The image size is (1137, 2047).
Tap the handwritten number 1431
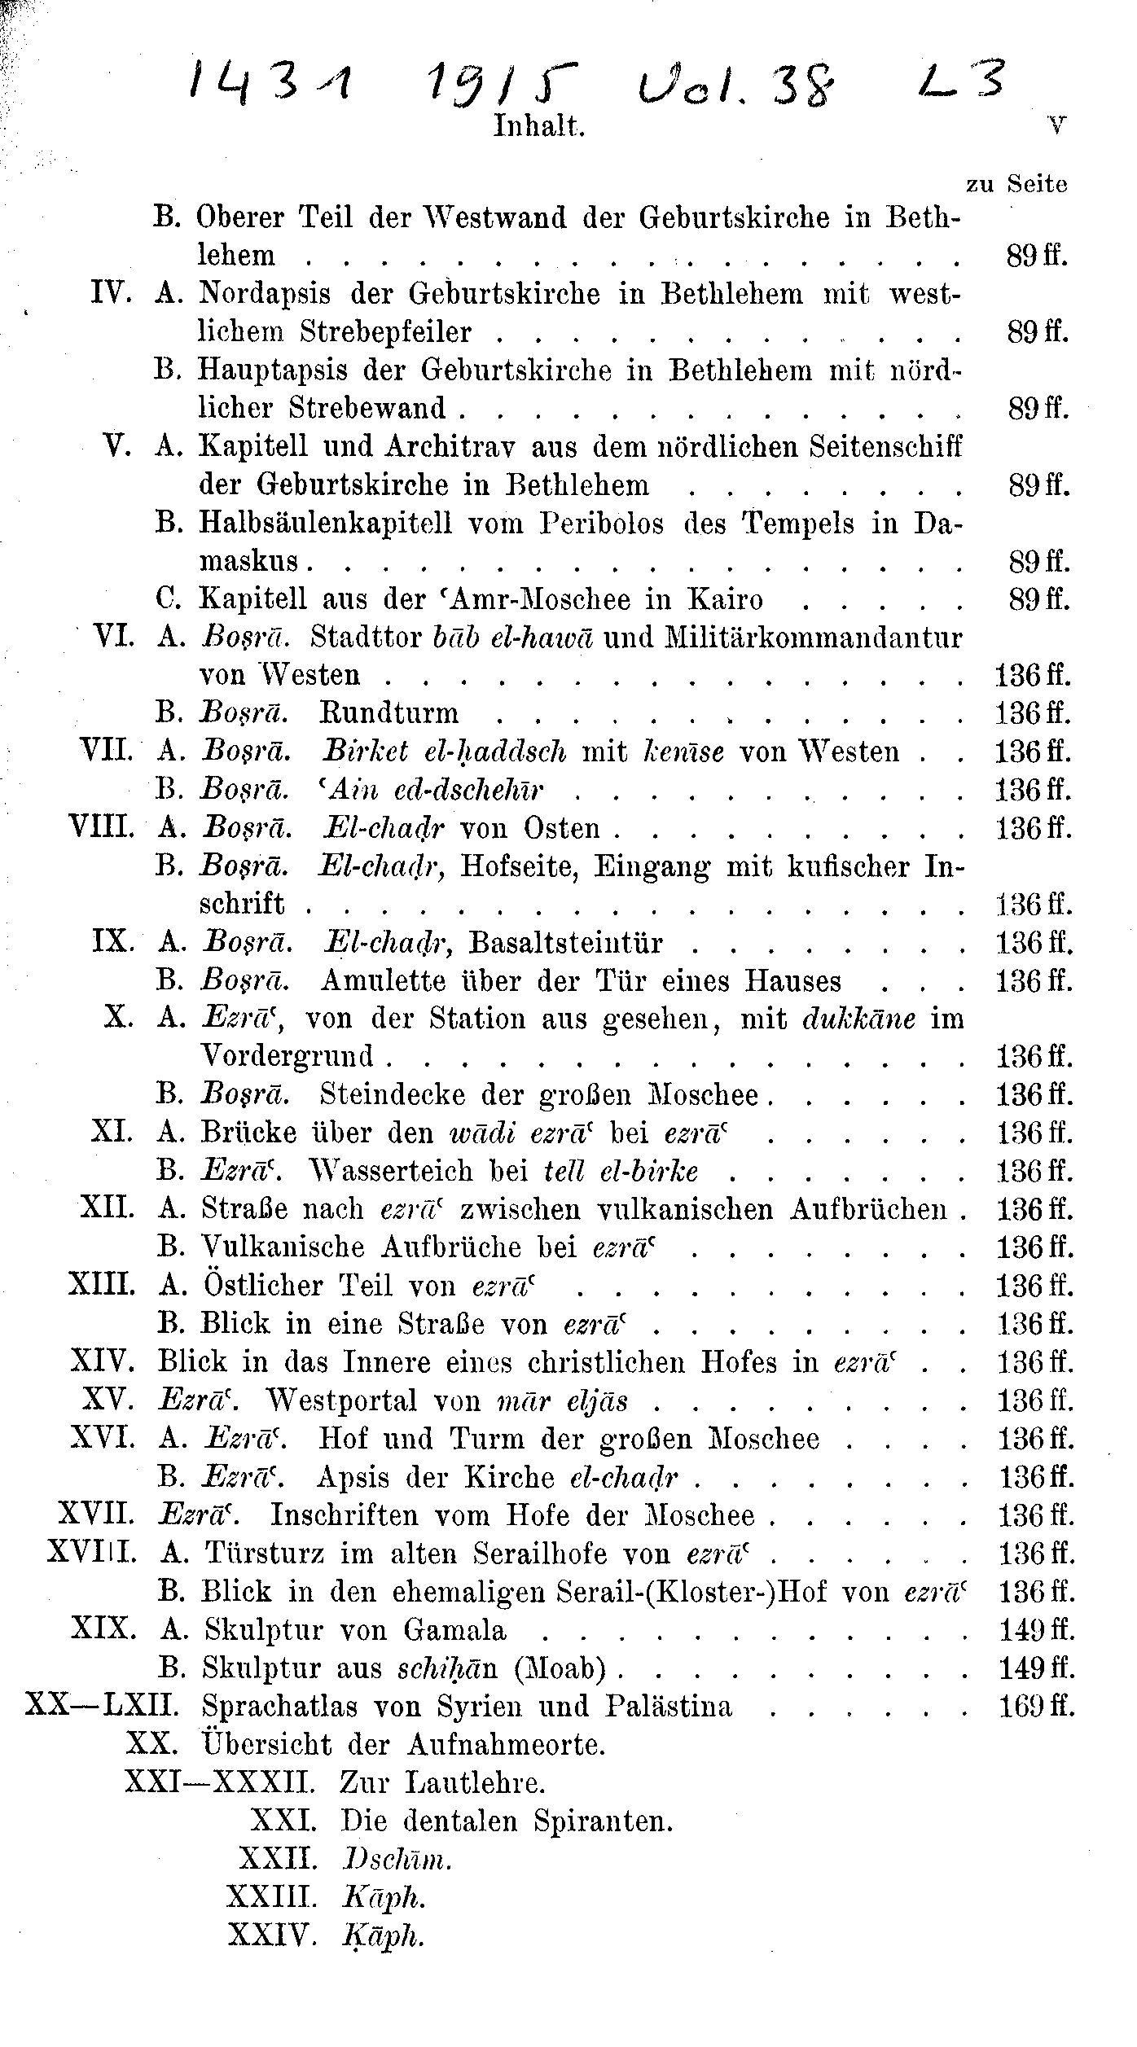point(270,81)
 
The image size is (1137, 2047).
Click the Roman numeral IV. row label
point(112,293)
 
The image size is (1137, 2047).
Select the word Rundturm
point(389,713)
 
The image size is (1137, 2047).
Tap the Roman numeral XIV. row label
point(102,1362)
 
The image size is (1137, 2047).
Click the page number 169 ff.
point(1036,1707)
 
